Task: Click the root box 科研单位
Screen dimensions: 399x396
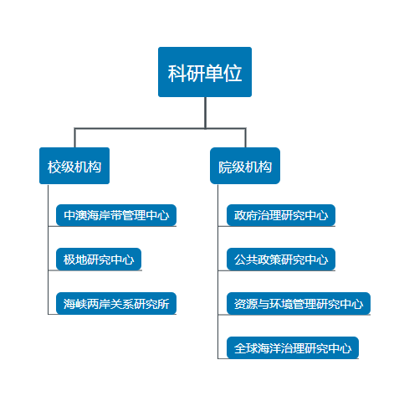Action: click(205, 72)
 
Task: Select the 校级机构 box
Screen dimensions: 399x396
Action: click(74, 166)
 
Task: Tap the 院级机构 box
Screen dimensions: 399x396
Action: click(245, 166)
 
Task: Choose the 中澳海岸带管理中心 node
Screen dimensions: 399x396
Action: click(116, 215)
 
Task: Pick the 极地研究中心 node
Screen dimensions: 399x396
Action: click(99, 260)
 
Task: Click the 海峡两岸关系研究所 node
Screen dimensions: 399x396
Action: click(116, 303)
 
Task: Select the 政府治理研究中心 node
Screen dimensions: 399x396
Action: click(281, 215)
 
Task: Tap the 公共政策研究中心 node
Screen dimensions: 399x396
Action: click(281, 260)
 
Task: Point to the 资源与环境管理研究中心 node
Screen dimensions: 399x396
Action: click(299, 303)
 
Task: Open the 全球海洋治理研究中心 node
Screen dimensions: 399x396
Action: click(293, 347)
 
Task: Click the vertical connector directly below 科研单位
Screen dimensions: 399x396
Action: click(205, 113)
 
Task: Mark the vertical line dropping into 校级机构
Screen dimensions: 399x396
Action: click(74, 138)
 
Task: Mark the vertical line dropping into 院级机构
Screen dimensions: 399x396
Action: click(246, 138)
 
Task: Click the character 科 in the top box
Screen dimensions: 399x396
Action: click(177, 74)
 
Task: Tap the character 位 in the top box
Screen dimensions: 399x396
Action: click(233, 74)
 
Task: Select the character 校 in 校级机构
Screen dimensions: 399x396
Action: click(54, 167)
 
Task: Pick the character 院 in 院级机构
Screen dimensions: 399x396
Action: click(225, 167)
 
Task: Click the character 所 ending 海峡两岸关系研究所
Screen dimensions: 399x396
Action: click(163, 304)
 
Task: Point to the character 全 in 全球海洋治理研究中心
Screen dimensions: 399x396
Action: click(240, 348)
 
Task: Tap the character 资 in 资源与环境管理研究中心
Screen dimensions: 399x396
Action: click(240, 304)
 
